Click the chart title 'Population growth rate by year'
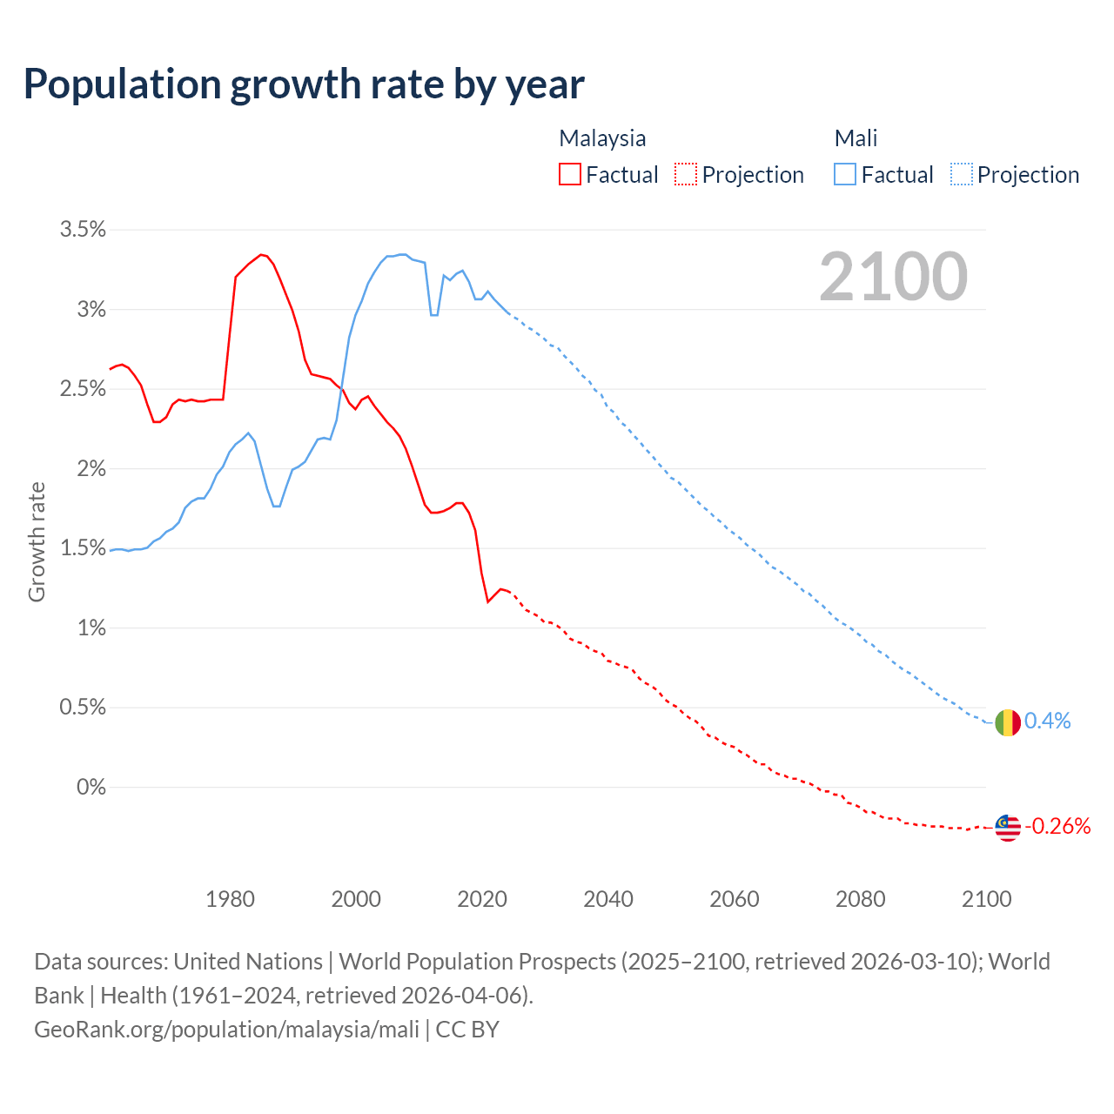click(304, 84)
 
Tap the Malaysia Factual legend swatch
click(569, 174)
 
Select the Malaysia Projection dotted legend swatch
click(686, 174)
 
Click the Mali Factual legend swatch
click(844, 174)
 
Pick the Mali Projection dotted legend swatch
click(961, 174)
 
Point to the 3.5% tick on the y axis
click(83, 230)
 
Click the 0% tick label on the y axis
click(91, 788)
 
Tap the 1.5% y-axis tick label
click(83, 548)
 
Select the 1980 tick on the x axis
click(231, 899)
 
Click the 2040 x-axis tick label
click(608, 899)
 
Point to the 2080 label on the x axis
click(860, 899)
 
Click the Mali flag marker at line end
click(1007, 722)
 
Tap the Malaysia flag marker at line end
click(1007, 827)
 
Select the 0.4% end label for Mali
click(1047, 721)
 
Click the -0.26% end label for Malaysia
click(1057, 826)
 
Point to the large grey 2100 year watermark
click(893, 277)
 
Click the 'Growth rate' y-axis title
click(37, 541)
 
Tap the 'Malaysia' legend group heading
click(602, 138)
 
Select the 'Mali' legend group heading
click(856, 138)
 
